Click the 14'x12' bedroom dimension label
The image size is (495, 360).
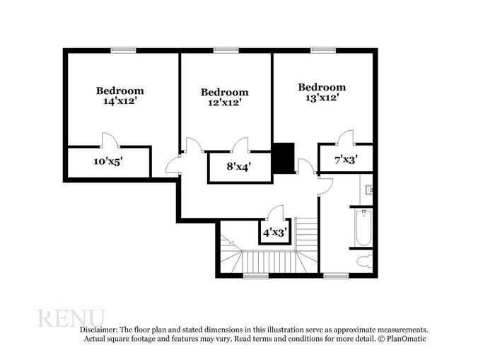(120, 101)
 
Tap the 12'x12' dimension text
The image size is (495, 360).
(224, 102)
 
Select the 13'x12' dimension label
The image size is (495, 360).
(322, 98)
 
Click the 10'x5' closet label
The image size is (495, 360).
(108, 161)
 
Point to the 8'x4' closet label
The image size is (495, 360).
(238, 167)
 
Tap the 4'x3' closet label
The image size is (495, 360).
(274, 232)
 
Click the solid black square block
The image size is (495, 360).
(284, 158)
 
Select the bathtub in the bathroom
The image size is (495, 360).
(363, 228)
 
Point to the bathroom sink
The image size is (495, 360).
(368, 190)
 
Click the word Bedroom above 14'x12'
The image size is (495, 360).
(120, 91)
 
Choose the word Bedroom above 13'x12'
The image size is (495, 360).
(322, 87)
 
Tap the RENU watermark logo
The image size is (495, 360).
(71, 318)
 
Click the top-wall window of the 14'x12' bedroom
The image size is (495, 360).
(123, 50)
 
